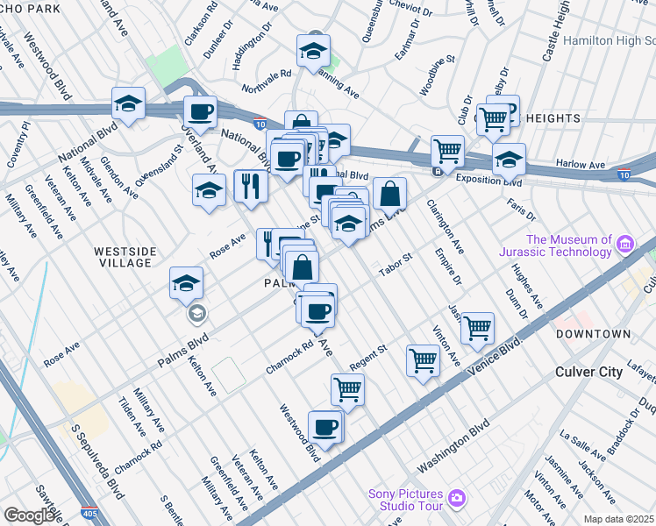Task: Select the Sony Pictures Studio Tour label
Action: (x=408, y=499)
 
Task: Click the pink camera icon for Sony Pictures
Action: (x=456, y=499)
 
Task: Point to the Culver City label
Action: (x=589, y=372)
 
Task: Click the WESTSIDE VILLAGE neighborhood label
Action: (x=125, y=258)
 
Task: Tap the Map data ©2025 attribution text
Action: (x=619, y=519)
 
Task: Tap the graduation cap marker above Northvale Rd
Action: (x=312, y=52)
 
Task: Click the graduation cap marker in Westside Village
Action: (x=187, y=282)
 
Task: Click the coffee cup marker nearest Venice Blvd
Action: (x=325, y=427)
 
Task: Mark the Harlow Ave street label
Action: (x=581, y=165)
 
